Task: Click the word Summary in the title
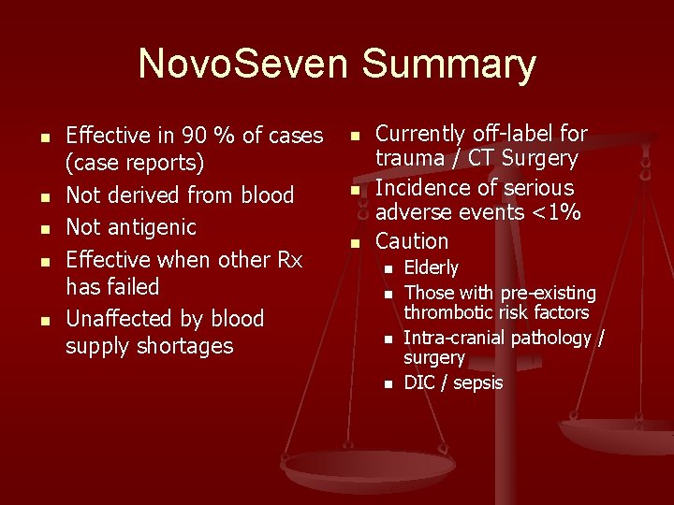pyautogui.click(x=448, y=65)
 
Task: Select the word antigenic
pyautogui.click(x=150, y=226)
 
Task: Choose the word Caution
pyautogui.click(x=411, y=240)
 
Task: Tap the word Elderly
pyautogui.click(x=431, y=268)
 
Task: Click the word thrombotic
pyautogui.click(x=450, y=312)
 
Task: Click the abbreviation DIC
pyautogui.click(x=418, y=382)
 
